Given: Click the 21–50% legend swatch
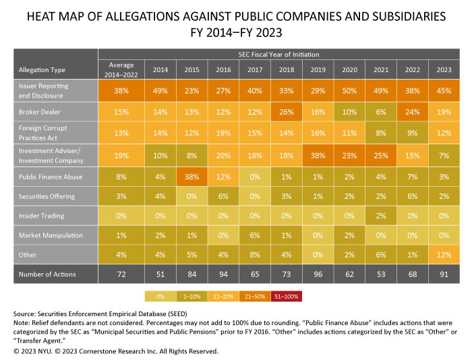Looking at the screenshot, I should (x=254, y=296).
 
